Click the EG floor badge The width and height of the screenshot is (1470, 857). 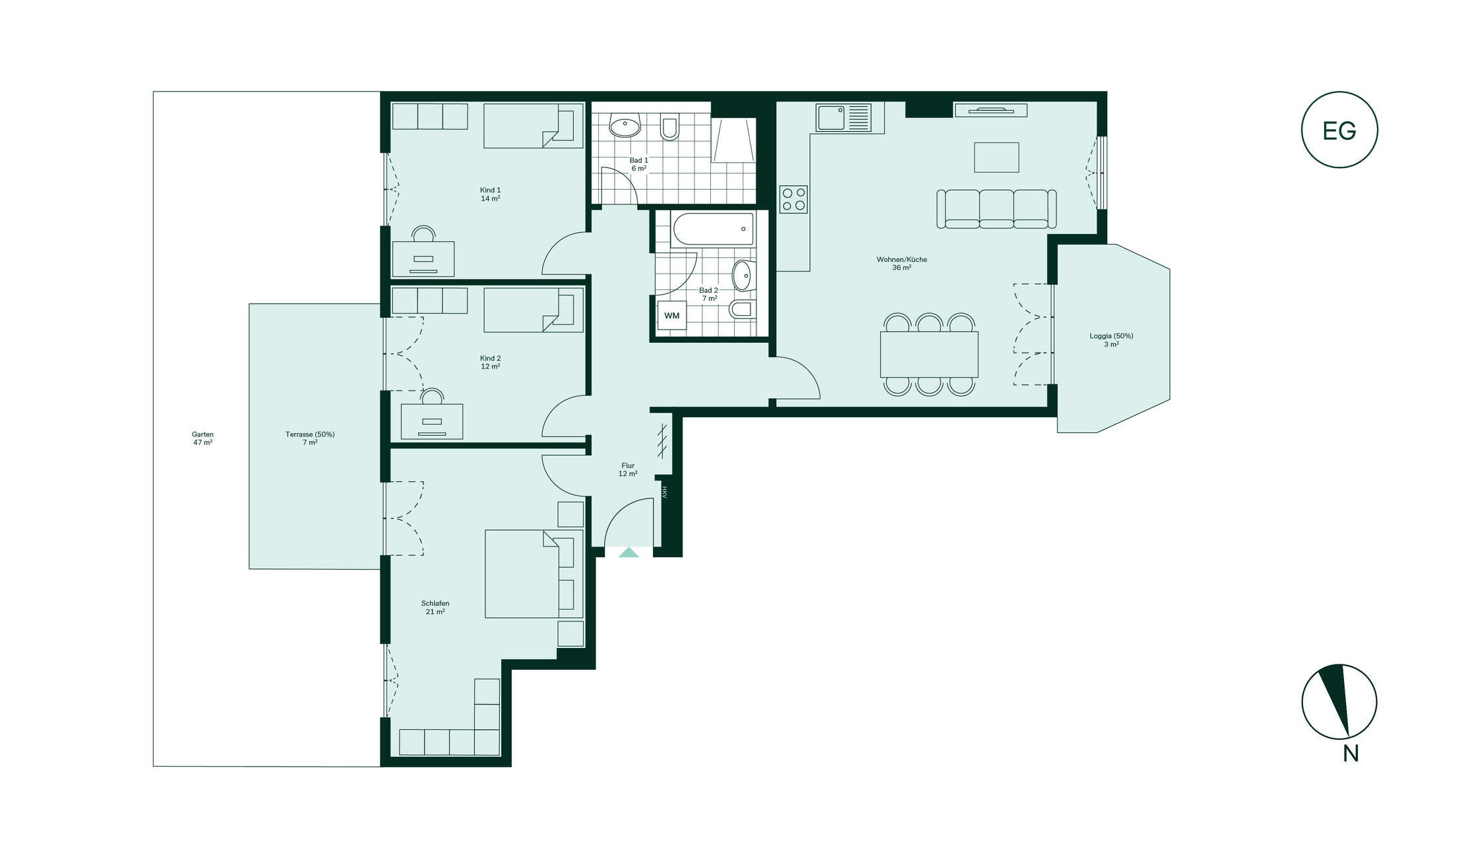tap(1339, 130)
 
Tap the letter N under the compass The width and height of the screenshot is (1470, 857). tap(1351, 754)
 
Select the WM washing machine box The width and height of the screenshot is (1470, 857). tap(672, 316)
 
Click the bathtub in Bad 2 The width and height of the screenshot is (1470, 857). tap(713, 229)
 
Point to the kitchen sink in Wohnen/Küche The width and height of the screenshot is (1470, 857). tap(843, 118)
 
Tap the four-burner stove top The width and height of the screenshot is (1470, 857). tap(793, 199)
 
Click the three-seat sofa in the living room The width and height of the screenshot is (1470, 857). tap(996, 209)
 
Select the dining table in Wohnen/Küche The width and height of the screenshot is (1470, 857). tap(929, 354)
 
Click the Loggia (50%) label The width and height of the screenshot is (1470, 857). tap(1111, 340)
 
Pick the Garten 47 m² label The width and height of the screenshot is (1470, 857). tap(202, 438)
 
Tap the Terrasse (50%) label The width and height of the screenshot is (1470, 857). tap(310, 438)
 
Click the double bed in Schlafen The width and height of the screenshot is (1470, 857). tap(534, 574)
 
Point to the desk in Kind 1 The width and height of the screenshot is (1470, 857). tap(423, 258)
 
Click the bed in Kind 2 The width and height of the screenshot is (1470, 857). tap(534, 310)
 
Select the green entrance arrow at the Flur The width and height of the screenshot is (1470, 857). tap(628, 552)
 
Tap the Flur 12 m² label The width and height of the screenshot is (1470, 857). tap(628, 469)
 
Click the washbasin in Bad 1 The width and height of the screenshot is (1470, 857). tap(625, 125)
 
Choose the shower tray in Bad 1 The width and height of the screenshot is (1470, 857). tap(733, 140)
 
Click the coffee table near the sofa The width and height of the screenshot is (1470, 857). tap(996, 158)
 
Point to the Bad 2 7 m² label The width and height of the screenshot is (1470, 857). tap(709, 294)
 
